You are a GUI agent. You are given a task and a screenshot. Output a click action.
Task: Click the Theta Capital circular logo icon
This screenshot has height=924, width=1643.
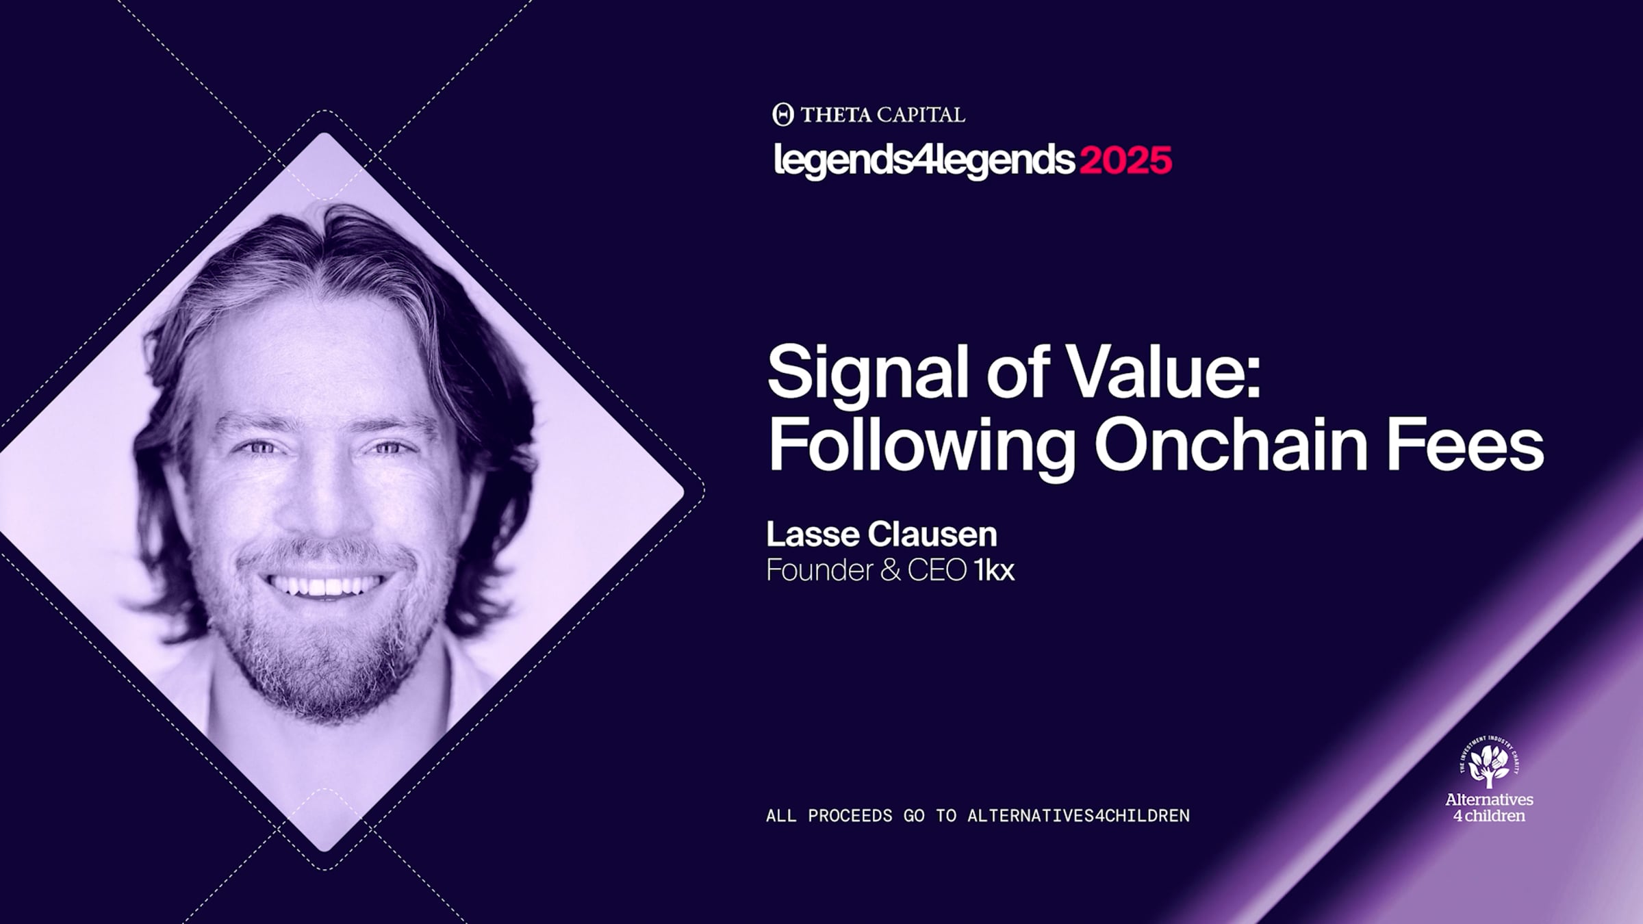pos(783,114)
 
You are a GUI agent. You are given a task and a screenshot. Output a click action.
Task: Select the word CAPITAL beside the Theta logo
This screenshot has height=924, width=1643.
pos(921,115)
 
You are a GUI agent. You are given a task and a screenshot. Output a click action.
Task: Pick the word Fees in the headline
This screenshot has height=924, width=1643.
pos(1466,444)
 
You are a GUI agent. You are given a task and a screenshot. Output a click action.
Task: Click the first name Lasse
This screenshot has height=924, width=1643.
pos(812,535)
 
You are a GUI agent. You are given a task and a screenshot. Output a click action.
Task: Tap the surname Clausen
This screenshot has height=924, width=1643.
pos(932,535)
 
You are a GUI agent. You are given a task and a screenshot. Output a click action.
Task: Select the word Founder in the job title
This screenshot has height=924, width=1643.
pos(819,570)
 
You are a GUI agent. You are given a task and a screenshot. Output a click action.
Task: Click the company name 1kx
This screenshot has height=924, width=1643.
pos(994,570)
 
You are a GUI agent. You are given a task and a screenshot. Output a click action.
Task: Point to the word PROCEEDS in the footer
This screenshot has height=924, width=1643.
pos(850,816)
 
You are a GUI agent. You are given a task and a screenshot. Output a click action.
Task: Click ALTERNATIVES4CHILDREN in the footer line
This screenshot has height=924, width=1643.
pos(1078,816)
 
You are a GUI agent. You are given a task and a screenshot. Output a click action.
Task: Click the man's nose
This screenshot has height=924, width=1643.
pos(322,500)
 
